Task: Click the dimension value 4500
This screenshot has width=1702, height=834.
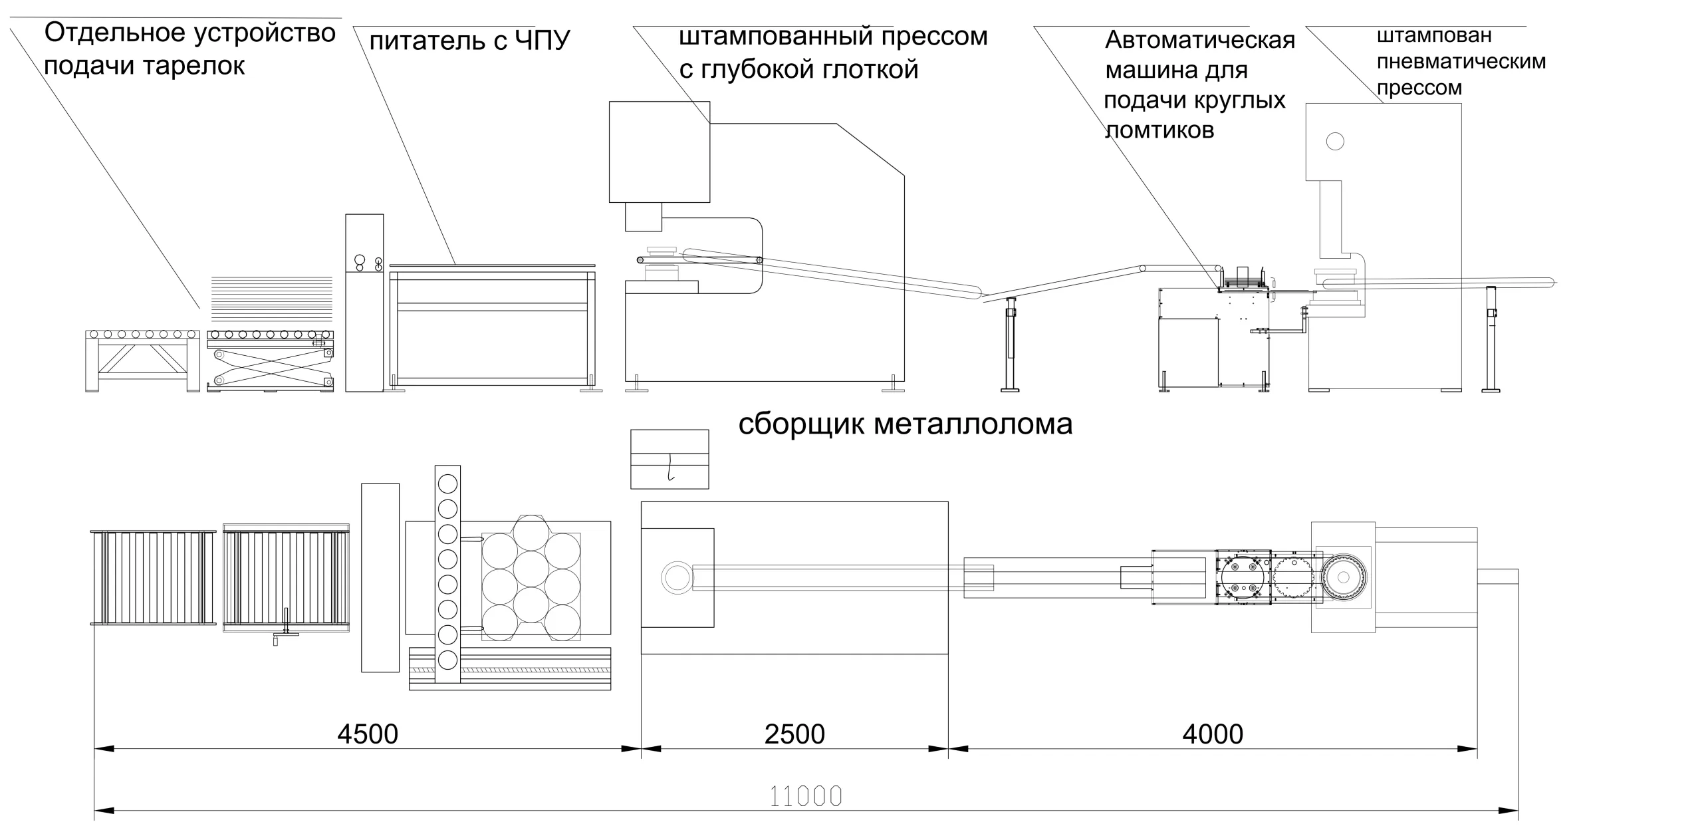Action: [x=368, y=734]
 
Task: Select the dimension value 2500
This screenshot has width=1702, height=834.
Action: [x=794, y=734]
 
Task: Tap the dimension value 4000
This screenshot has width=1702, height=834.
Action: [x=1213, y=734]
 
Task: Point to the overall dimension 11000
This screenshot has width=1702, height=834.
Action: [x=806, y=796]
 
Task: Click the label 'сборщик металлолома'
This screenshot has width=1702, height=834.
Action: [x=905, y=424]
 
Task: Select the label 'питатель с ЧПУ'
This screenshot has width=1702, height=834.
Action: [x=469, y=41]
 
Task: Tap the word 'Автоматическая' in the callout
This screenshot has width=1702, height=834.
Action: [x=1200, y=40]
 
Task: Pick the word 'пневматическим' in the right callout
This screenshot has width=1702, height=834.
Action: [x=1461, y=62]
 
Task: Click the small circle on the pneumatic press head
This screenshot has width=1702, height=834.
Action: [x=1334, y=141]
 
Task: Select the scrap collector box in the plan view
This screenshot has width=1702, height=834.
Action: [x=669, y=459]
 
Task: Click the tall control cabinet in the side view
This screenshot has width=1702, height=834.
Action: [x=364, y=303]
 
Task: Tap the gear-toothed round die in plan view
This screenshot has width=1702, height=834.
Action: [x=1343, y=577]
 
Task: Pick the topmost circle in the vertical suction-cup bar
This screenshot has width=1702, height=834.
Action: [x=447, y=484]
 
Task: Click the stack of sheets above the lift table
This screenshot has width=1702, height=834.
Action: [x=271, y=295]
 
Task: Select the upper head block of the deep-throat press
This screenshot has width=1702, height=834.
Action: [x=660, y=152]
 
